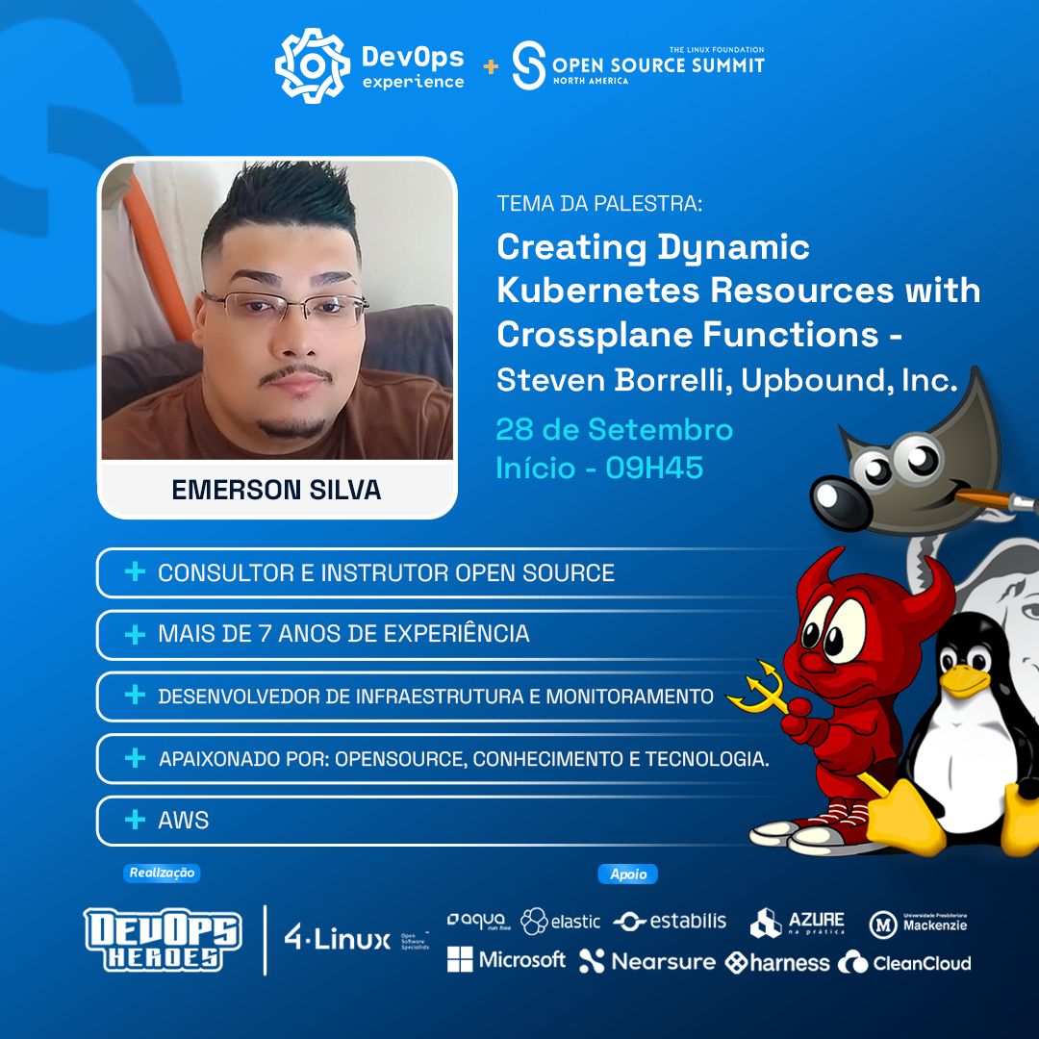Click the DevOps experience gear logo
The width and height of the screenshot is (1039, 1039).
[x=312, y=65]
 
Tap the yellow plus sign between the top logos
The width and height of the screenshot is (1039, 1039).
[x=491, y=66]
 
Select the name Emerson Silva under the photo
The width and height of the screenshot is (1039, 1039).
[x=276, y=490]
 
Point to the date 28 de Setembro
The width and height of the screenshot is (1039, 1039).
[x=614, y=429]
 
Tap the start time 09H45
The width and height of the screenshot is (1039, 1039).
[x=654, y=469]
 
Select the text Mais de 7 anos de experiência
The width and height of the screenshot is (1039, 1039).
[x=343, y=634]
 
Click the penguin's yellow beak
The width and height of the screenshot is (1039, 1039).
[x=965, y=682]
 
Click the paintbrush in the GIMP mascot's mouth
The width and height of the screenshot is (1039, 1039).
[x=991, y=498]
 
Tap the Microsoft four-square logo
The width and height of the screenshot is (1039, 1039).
[x=460, y=959]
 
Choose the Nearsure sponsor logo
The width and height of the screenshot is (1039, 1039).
[x=647, y=961]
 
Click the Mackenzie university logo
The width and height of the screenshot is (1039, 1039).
[x=919, y=924]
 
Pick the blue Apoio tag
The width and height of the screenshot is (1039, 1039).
[x=628, y=874]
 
